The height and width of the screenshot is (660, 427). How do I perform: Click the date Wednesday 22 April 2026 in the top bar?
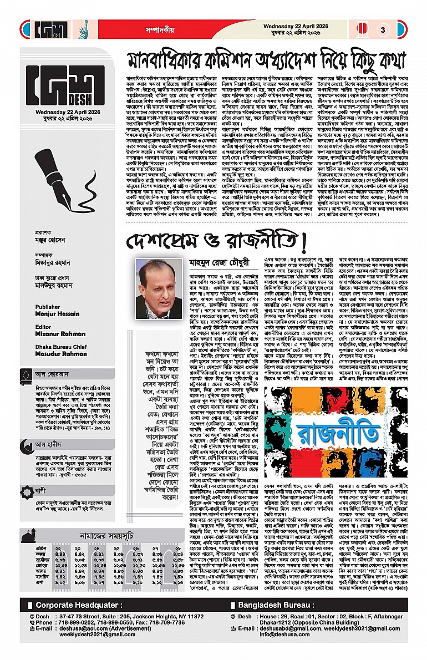pyautogui.click(x=297, y=26)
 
